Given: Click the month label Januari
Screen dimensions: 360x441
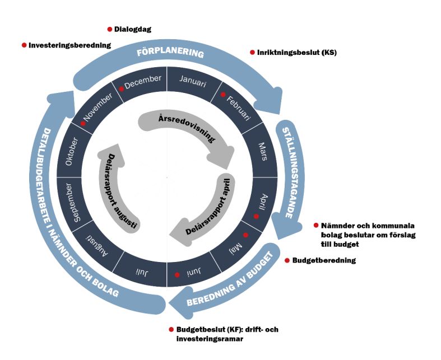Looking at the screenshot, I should tap(193, 81).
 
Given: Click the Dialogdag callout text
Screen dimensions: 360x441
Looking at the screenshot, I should tap(133, 29).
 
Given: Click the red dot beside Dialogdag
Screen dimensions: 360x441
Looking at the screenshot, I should tap(110, 29).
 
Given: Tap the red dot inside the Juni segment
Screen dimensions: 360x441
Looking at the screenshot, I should tap(177, 274).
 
